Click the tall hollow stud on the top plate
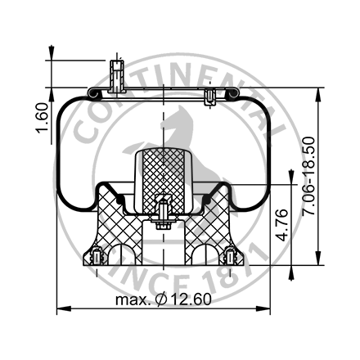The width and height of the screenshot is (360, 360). pos(115,75)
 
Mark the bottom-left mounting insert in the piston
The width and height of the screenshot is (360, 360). pos(96,256)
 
